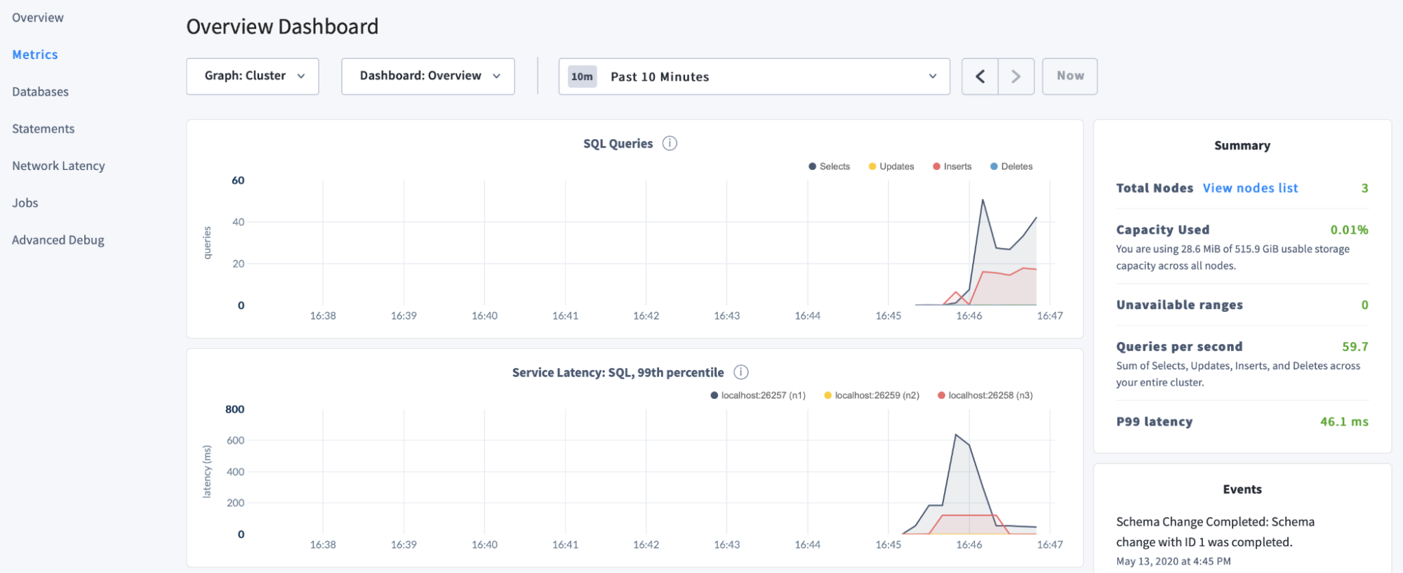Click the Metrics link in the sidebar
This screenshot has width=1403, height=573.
pyautogui.click(x=35, y=55)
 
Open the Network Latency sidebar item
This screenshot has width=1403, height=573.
pyautogui.click(x=58, y=166)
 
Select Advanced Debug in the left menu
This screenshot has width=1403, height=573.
pyautogui.click(x=58, y=240)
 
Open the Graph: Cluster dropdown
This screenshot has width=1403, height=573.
pyautogui.click(x=253, y=76)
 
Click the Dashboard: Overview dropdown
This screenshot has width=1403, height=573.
pyautogui.click(x=428, y=76)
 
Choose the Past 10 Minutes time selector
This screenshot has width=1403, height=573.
pyautogui.click(x=754, y=77)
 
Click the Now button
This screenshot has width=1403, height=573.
pyautogui.click(x=1070, y=76)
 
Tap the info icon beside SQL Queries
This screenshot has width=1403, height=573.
pyautogui.click(x=670, y=143)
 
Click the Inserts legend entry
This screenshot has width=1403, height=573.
pyautogui.click(x=952, y=166)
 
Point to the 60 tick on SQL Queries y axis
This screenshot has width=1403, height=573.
pyautogui.click(x=238, y=180)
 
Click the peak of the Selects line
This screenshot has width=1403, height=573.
pyautogui.click(x=983, y=200)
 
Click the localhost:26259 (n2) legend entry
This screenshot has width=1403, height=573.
pyautogui.click(x=872, y=395)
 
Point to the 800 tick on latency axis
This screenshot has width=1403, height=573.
pyautogui.click(x=234, y=409)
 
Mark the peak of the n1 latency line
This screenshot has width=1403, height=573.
pyautogui.click(x=956, y=435)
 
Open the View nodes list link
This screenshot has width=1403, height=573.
pyautogui.click(x=1250, y=188)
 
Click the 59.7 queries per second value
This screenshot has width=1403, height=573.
pyautogui.click(x=1355, y=347)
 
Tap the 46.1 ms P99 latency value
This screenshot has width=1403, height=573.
pyautogui.click(x=1343, y=422)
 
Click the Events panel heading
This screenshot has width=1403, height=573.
pyautogui.click(x=1242, y=489)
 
